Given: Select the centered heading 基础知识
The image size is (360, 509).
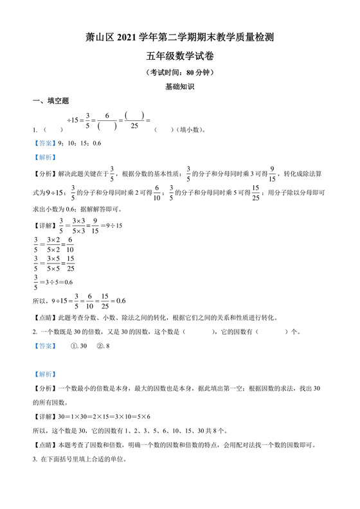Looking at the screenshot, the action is coord(179,86).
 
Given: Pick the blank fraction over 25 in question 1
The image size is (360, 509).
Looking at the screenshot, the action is coord(134,121).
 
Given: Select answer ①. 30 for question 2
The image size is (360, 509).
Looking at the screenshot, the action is coord(79,346).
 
